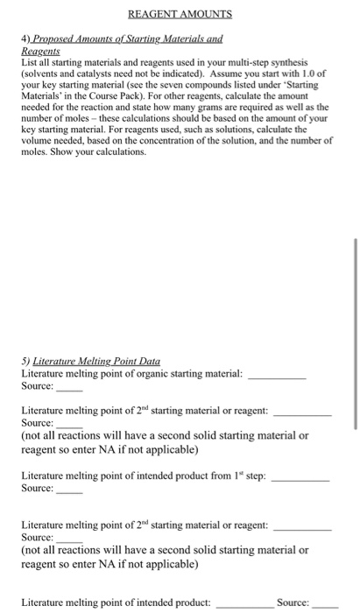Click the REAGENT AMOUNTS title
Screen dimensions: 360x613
point(180,14)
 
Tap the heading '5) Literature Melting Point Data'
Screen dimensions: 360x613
point(91,361)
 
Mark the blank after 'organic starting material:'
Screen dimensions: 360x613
point(277,375)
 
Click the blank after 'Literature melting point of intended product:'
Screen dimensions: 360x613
point(241,603)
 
